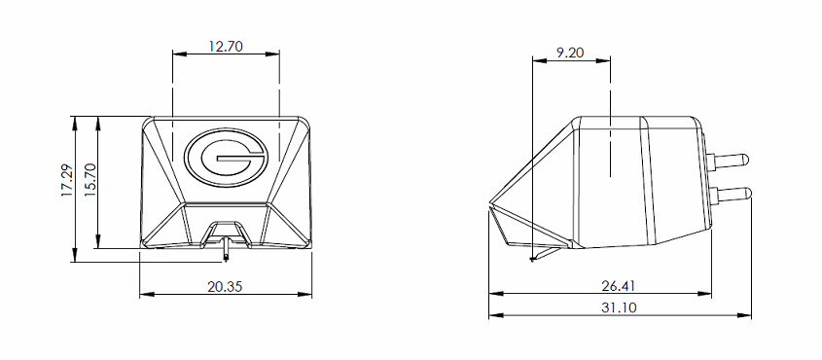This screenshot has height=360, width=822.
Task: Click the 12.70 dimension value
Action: click(x=226, y=46)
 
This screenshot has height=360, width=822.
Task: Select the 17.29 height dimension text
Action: click(x=67, y=180)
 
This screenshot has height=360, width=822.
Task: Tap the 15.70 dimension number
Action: click(x=90, y=179)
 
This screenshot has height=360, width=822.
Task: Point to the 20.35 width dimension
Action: click(x=225, y=287)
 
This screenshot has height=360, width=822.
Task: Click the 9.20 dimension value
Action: click(x=571, y=53)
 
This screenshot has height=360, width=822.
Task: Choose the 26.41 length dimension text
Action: click(x=619, y=286)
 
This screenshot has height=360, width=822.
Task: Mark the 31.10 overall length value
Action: click(x=619, y=307)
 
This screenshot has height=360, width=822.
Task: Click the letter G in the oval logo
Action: click(x=226, y=158)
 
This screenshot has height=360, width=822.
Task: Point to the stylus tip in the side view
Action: click(x=532, y=259)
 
